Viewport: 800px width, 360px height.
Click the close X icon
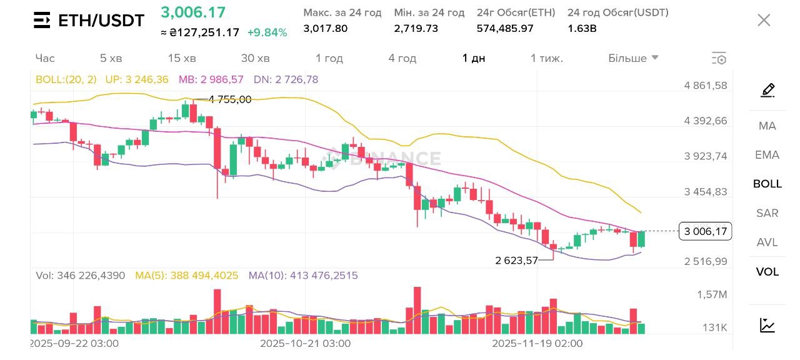coord(764,20)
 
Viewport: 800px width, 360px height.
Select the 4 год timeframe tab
coord(402,58)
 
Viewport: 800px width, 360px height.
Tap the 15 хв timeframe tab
coord(182,58)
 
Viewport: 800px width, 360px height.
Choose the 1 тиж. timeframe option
coord(547,58)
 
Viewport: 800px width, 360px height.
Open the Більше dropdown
coord(633,58)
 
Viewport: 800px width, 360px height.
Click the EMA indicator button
coord(767,155)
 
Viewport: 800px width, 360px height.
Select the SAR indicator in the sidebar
coord(767,213)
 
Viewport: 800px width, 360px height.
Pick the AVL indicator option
coord(767,242)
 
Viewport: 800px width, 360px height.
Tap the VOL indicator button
coord(767,272)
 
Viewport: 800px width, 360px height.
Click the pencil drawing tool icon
coord(767,91)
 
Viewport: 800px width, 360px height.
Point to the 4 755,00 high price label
coord(229,99)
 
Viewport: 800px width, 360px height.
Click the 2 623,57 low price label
coord(516,261)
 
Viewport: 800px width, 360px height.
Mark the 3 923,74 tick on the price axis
coord(706,156)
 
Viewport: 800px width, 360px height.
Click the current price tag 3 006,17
coord(706,232)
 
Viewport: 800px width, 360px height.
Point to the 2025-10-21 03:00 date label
coord(305,343)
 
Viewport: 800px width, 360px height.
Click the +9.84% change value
coord(267,32)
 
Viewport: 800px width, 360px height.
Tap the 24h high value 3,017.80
coord(325,28)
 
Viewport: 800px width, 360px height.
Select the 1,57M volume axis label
coord(712,294)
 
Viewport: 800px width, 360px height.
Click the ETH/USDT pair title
coord(101,21)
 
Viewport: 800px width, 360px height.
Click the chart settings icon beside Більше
coord(719,59)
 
